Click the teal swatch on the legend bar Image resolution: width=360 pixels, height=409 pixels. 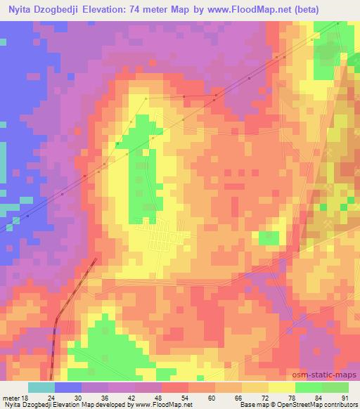41,387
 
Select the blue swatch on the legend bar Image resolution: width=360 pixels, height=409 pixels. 68,387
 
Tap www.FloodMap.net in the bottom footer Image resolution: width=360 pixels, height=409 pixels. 151,405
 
